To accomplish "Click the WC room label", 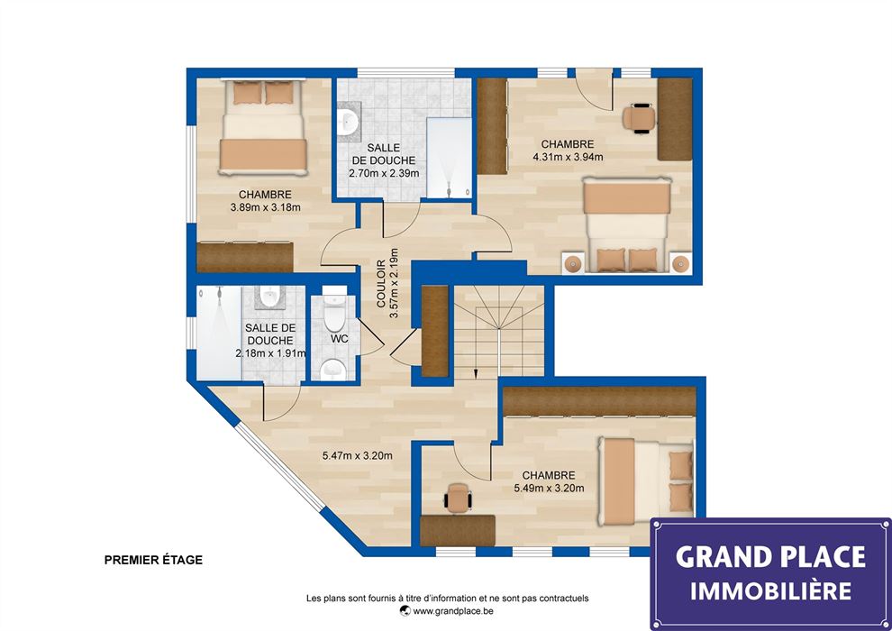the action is click(x=339, y=339).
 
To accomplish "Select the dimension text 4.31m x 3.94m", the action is click(x=568, y=157).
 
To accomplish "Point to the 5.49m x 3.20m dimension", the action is click(x=549, y=489).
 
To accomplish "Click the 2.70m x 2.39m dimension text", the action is click(x=384, y=173).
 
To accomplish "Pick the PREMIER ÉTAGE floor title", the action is click(x=153, y=560).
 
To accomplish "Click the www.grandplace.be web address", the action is click(x=453, y=611).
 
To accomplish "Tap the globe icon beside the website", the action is click(x=405, y=611).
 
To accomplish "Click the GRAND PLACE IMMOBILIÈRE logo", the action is click(x=771, y=573).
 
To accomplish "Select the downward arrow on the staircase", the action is click(x=476, y=372).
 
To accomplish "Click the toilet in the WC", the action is click(x=334, y=313).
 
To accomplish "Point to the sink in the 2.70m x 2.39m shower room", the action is click(x=348, y=121).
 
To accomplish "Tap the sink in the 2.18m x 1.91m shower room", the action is click(x=269, y=297).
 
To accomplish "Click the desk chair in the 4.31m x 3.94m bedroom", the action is click(x=640, y=118).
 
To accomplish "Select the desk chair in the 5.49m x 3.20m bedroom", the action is click(x=458, y=498).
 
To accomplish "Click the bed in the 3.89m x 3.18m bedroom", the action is click(x=263, y=127).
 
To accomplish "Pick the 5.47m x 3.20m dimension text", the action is click(x=358, y=455).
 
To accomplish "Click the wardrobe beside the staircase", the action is click(x=435, y=331).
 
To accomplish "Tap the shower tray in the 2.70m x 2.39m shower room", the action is click(x=449, y=158).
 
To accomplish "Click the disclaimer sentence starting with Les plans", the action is click(x=448, y=598).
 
